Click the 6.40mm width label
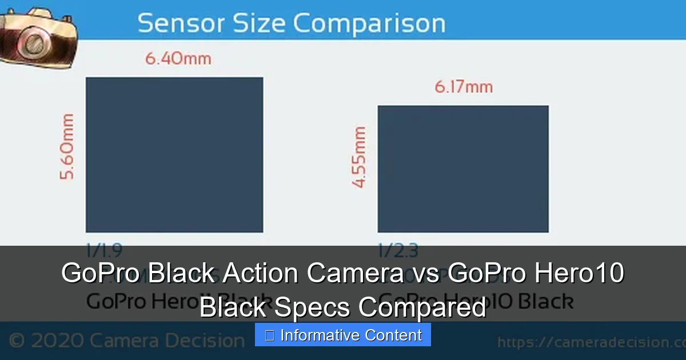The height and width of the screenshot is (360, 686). click(x=178, y=58)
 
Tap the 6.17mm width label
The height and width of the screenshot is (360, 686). click(x=463, y=87)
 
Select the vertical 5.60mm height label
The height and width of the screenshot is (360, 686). click(x=67, y=147)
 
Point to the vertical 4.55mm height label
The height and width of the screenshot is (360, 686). click(x=359, y=157)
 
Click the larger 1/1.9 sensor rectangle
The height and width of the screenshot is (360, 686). click(x=174, y=154)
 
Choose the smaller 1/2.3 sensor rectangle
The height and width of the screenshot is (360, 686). click(x=463, y=169)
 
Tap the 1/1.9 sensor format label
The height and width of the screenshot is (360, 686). click(x=103, y=250)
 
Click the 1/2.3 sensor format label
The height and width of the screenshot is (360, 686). click(x=398, y=250)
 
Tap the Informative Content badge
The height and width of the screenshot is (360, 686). click(x=343, y=335)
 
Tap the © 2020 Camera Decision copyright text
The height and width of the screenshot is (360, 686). click(x=127, y=341)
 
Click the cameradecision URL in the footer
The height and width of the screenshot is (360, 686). click(x=591, y=342)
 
